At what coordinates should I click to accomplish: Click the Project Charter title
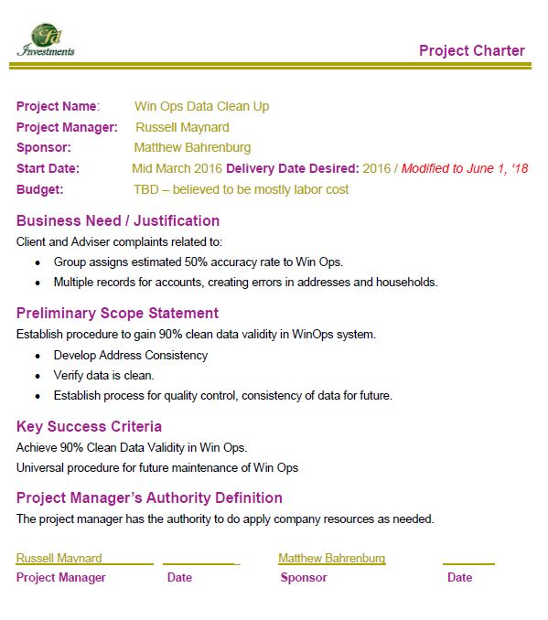[x=471, y=50]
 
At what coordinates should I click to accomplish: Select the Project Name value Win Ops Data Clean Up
[x=201, y=106]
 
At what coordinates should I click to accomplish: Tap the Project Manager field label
[x=67, y=127]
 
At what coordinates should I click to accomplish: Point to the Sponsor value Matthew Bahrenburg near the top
[x=192, y=147]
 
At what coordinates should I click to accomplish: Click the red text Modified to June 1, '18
[x=464, y=168]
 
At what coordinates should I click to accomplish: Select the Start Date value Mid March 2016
[x=177, y=168]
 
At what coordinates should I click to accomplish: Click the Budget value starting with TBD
[x=241, y=189]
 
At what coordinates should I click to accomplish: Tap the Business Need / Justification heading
[x=118, y=220]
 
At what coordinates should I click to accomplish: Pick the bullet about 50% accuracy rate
[x=198, y=262]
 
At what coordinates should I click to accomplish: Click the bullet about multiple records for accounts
[x=245, y=282]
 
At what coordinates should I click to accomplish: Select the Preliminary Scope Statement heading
[x=117, y=313]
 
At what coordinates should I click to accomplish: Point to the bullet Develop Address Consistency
[x=131, y=355]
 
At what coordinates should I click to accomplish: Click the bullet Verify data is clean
[x=104, y=375]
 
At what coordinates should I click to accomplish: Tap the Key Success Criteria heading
[x=89, y=426]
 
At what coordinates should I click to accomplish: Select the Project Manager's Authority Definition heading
[x=149, y=497]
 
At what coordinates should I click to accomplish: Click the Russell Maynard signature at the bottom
[x=59, y=558]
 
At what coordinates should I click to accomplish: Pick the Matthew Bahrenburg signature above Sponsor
[x=331, y=558]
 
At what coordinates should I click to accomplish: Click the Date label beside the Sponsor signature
[x=459, y=577]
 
